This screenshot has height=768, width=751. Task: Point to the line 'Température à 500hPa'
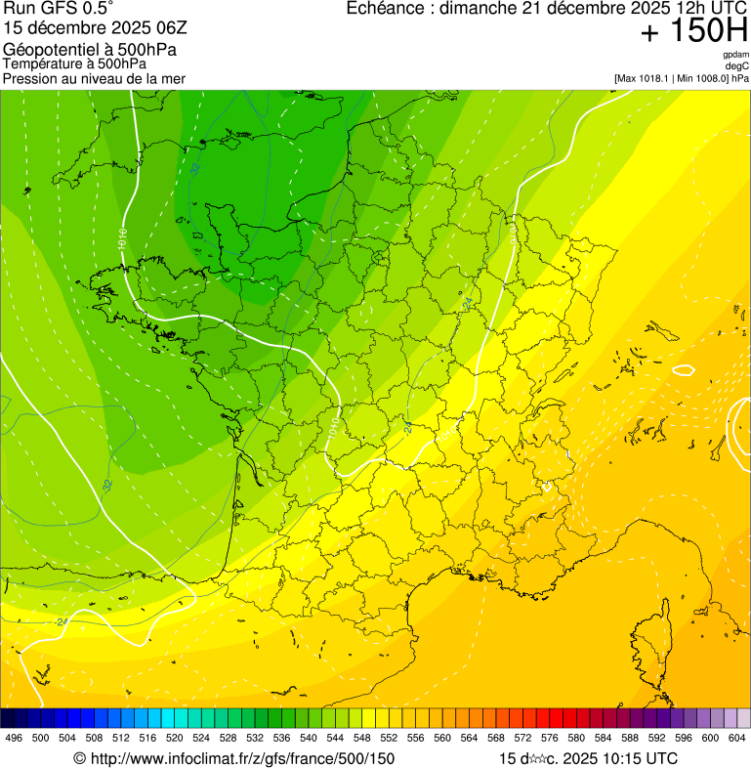(x=74, y=64)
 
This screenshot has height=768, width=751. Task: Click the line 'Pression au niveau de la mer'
(x=94, y=78)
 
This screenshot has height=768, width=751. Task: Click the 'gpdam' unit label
(x=735, y=55)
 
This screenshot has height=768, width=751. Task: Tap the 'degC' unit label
(x=737, y=65)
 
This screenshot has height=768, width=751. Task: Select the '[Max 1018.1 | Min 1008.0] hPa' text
(x=682, y=77)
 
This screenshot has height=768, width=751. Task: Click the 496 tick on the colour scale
(x=14, y=738)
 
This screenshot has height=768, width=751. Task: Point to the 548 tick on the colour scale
(x=361, y=738)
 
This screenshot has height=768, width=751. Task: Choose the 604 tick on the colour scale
(x=736, y=738)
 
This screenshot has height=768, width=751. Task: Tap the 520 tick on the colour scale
(x=174, y=738)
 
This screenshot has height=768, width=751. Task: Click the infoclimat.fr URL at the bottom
(x=234, y=758)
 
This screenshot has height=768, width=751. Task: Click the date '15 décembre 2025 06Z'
(x=89, y=28)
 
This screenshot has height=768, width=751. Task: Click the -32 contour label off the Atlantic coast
(x=106, y=485)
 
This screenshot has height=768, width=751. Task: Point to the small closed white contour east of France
(x=684, y=369)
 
